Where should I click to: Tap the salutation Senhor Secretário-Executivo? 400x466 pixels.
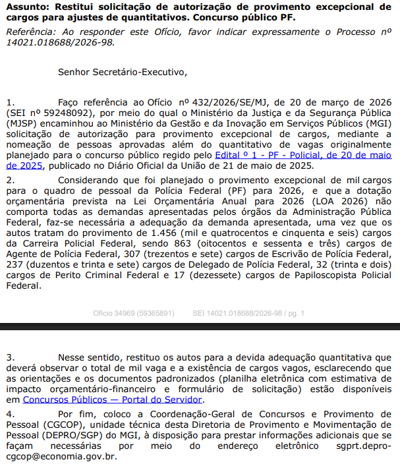[x=123, y=72]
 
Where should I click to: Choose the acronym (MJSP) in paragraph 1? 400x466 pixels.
[x=22, y=124]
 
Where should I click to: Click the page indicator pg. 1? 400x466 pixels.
[x=294, y=314]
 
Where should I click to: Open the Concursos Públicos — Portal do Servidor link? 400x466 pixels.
[x=113, y=399]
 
